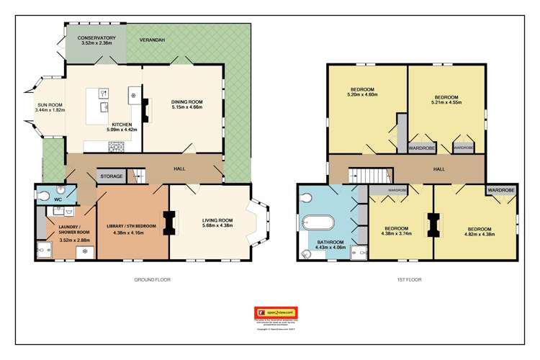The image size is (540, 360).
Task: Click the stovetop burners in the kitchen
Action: (x=116, y=146)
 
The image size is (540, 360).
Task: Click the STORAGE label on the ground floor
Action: (x=111, y=176)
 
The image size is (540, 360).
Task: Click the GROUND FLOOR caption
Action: (x=153, y=279)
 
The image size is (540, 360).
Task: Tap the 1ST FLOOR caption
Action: (x=408, y=279)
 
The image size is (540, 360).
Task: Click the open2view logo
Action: (x=276, y=313)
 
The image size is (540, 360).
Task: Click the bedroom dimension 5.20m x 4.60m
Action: (x=362, y=94)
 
